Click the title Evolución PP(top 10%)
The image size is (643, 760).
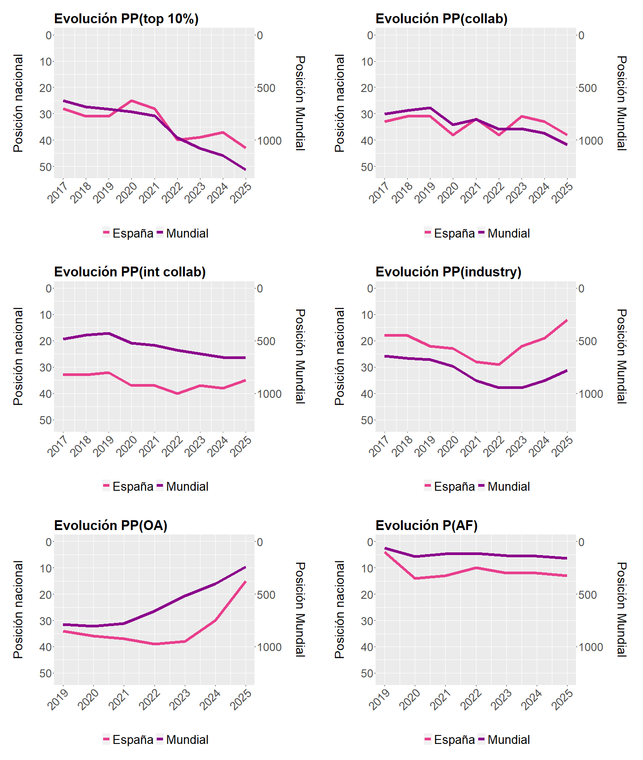pos(126,19)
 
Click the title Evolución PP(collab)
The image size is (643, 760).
pos(442,19)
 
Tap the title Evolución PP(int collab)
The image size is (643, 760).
pos(130,272)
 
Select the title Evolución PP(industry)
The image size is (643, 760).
pos(448,272)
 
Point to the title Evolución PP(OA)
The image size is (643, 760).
pos(111,526)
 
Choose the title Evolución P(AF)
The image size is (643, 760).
pos(426,526)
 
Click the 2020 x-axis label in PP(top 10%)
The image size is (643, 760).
pos(126,192)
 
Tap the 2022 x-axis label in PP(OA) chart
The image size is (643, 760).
pos(150,699)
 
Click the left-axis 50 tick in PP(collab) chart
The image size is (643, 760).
pos(367,167)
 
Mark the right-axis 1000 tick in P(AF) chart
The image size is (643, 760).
pos(591,647)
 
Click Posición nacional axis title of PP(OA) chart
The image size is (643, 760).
pos(18,610)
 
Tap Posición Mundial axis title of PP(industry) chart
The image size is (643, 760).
pos(622,356)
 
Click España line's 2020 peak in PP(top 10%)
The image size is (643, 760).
pos(131,100)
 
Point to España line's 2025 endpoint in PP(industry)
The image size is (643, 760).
pos(567,320)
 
